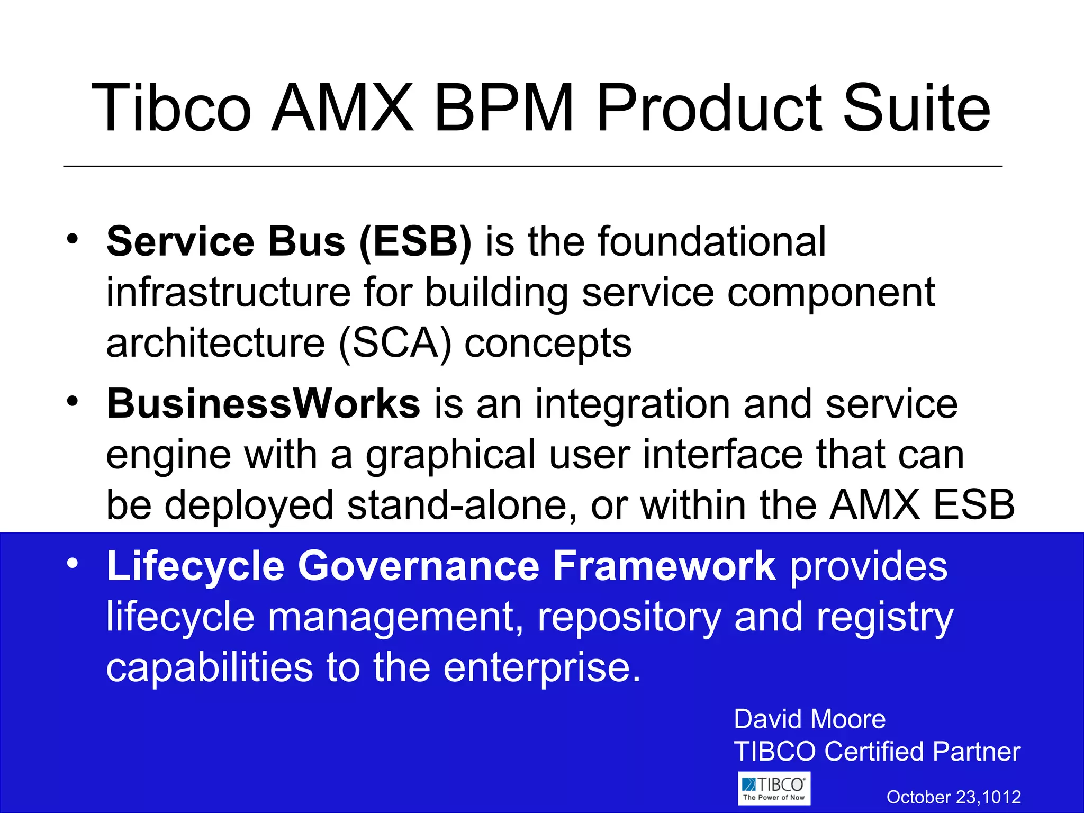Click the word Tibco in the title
pyautogui.click(x=171, y=109)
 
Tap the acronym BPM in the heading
pyautogui.click(x=503, y=109)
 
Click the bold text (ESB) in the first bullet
pyautogui.click(x=415, y=242)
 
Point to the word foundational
pyautogui.click(x=712, y=242)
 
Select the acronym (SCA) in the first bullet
pyautogui.click(x=395, y=343)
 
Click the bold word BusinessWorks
pyautogui.click(x=263, y=404)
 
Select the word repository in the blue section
pyautogui.click(x=629, y=617)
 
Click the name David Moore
pyautogui.click(x=809, y=719)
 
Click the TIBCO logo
pyautogui.click(x=774, y=789)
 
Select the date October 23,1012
pyautogui.click(x=953, y=797)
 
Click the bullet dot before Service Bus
pyautogui.click(x=73, y=239)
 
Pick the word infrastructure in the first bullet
pyautogui.click(x=228, y=293)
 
